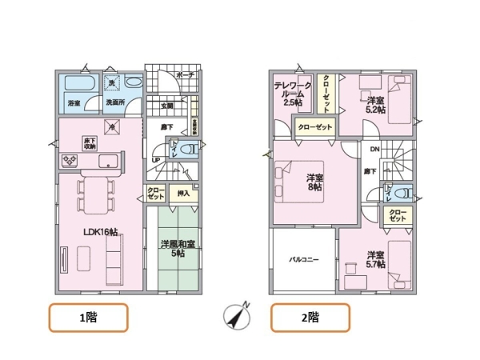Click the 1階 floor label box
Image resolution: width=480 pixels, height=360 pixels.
[89, 318]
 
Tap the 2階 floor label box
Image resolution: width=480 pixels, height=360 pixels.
[309, 318]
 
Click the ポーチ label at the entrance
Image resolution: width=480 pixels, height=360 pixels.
[185, 75]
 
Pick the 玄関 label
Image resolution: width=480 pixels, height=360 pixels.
[167, 106]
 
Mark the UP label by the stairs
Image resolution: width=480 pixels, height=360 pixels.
[156, 159]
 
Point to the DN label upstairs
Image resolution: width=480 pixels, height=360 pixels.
[374, 149]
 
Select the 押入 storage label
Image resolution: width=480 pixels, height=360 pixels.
[182, 193]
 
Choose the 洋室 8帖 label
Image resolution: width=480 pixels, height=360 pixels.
[314, 183]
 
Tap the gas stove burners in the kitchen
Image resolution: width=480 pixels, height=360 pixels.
[69, 162]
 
